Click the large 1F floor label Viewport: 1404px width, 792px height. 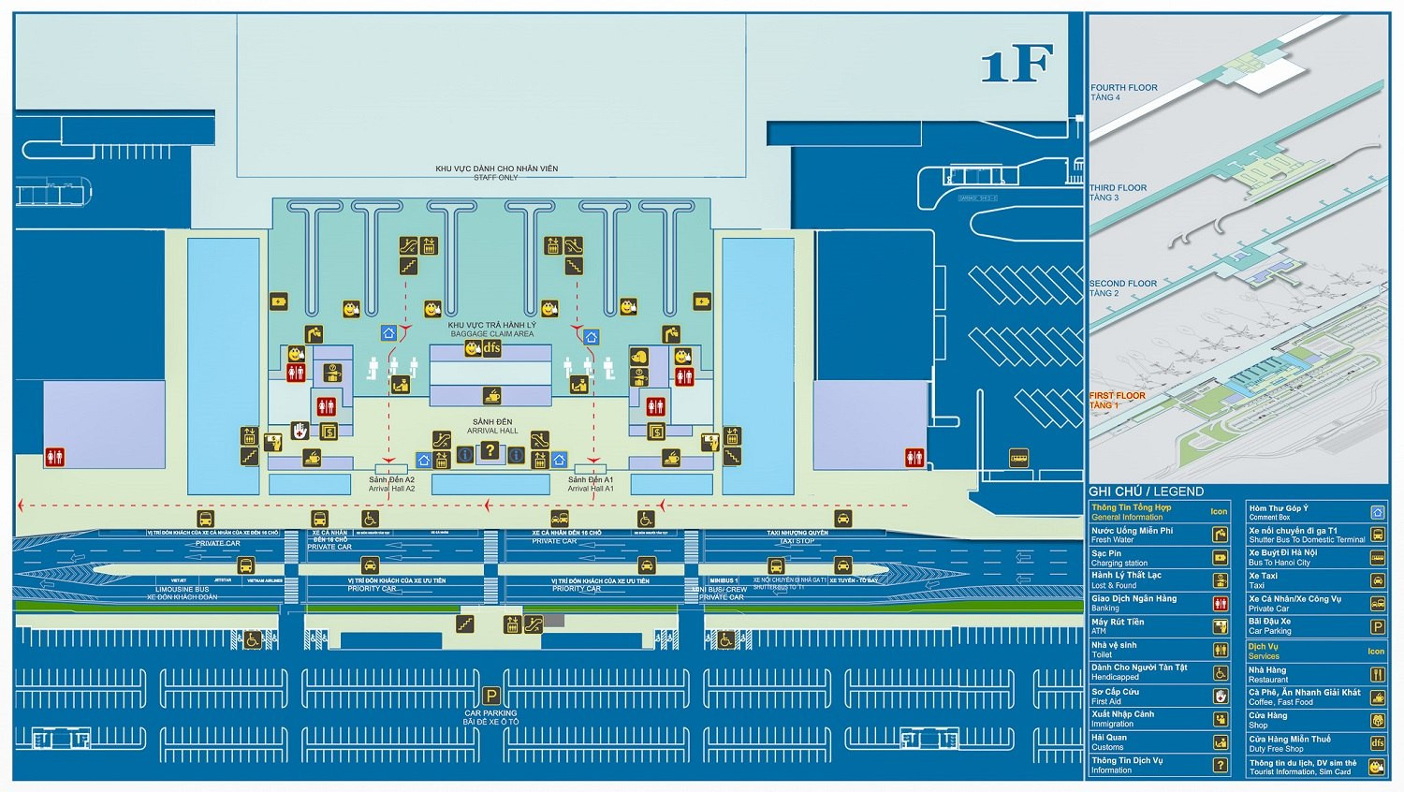click(x=1016, y=64)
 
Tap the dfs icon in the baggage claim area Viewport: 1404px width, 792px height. click(x=491, y=348)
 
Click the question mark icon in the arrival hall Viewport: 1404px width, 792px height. click(x=490, y=451)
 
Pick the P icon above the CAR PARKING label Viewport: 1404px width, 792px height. click(x=490, y=696)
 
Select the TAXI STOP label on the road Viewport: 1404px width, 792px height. click(x=797, y=541)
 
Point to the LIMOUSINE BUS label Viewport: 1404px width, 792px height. click(x=183, y=590)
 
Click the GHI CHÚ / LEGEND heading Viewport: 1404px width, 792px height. click(x=1146, y=491)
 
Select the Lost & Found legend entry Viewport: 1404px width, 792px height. click(x=1126, y=580)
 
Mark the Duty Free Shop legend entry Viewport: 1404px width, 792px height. click(x=1289, y=743)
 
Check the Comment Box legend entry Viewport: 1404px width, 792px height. click(x=1279, y=512)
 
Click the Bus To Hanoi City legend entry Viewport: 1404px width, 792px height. click(x=1282, y=558)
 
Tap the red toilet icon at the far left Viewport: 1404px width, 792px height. click(x=54, y=458)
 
